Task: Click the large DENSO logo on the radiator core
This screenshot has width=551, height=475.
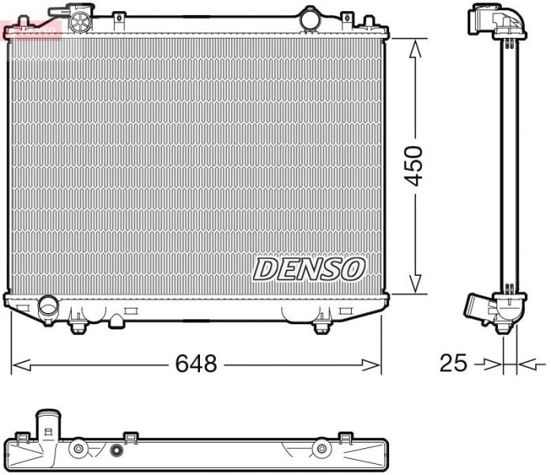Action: click(308, 270)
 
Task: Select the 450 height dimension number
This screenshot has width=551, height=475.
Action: click(414, 165)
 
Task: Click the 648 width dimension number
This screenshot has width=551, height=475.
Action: click(196, 364)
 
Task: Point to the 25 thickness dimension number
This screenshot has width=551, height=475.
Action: click(453, 364)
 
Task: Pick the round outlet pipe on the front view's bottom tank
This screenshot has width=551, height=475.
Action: click(49, 304)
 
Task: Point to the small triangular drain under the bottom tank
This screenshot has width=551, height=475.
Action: click(116, 320)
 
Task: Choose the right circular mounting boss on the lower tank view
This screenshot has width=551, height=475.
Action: click(321, 450)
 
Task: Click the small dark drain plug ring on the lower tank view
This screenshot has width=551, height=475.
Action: click(117, 452)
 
